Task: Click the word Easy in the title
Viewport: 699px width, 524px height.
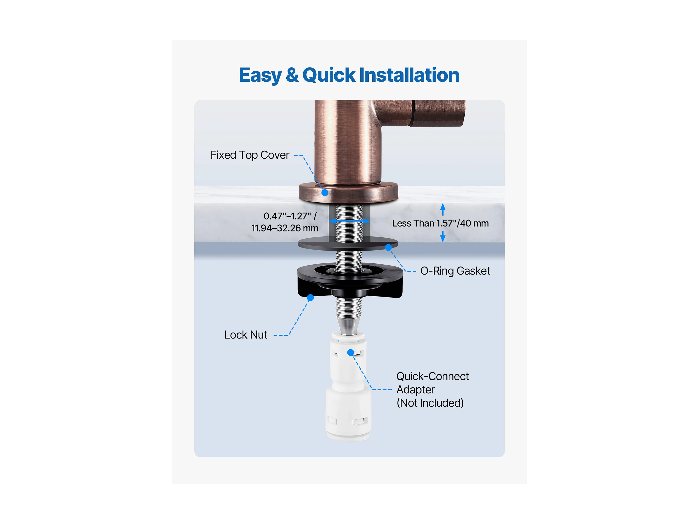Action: click(260, 76)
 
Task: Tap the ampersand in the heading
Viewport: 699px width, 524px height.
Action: click(292, 75)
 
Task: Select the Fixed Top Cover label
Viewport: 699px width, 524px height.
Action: click(250, 155)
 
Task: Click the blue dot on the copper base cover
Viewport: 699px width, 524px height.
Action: click(325, 192)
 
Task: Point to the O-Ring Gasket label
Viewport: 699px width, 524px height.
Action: click(455, 271)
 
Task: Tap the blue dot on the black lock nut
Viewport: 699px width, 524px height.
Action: click(310, 297)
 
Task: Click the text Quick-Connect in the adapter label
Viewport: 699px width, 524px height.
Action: click(432, 376)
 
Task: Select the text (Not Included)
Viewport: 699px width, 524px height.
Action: click(430, 403)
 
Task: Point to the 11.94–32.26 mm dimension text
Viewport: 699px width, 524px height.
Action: click(285, 228)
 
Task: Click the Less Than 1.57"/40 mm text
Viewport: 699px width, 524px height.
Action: click(440, 223)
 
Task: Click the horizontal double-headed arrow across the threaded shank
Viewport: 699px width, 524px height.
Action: click(349, 221)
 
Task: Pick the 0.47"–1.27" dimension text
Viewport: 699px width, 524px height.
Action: click(290, 216)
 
